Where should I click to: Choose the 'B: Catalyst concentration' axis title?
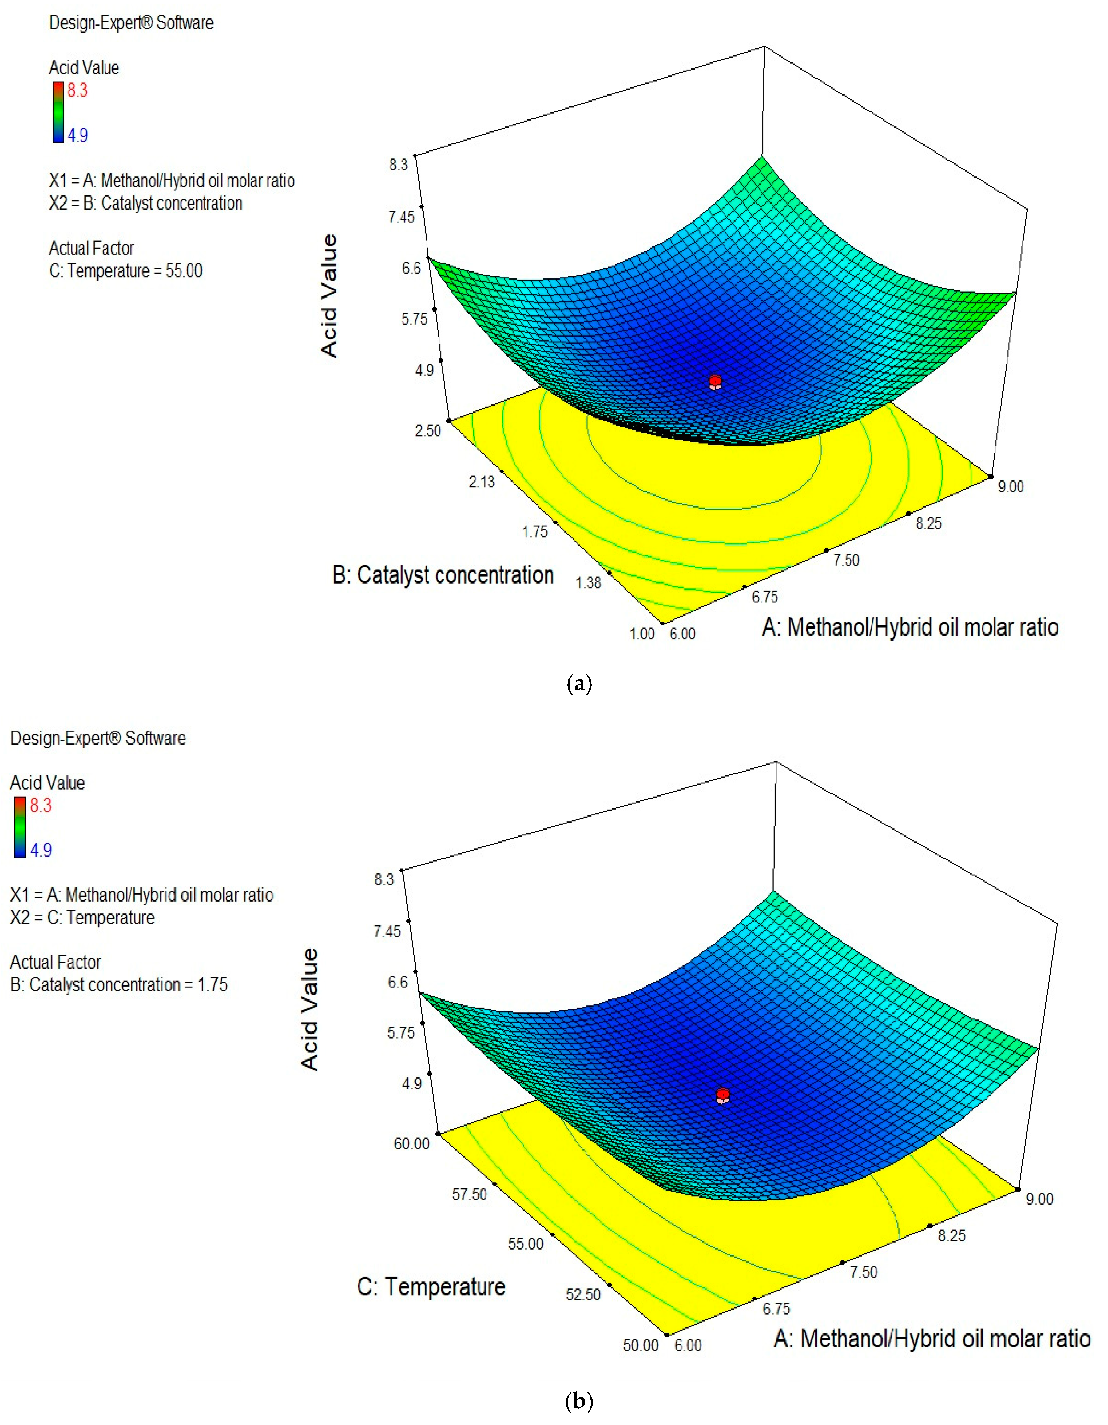point(443,575)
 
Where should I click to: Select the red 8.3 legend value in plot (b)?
point(40,805)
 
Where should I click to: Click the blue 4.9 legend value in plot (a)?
point(77,135)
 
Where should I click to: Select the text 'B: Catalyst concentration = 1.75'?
point(119,985)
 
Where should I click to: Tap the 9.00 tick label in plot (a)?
point(1010,486)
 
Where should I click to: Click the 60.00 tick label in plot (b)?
point(411,1144)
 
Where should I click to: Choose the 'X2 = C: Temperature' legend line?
point(82,917)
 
